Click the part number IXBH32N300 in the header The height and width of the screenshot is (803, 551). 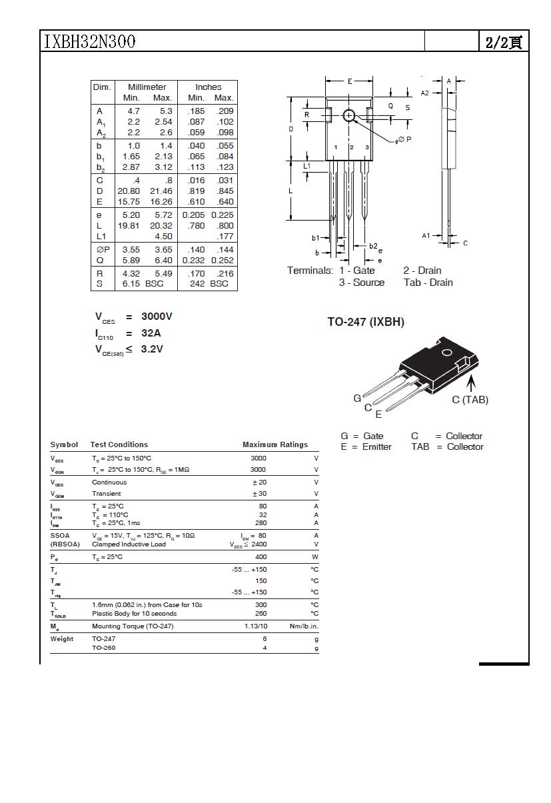pyautogui.click(x=89, y=41)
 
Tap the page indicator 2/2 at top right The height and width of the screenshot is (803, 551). pyautogui.click(x=503, y=42)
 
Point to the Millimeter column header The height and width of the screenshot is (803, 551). pyautogui.click(x=147, y=87)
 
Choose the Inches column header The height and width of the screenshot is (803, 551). pyautogui.click(x=208, y=87)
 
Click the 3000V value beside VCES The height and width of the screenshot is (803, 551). pyautogui.click(x=157, y=317)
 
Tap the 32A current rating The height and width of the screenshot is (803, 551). pyautogui.click(x=151, y=333)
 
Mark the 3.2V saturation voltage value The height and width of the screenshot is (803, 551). pyautogui.click(x=152, y=349)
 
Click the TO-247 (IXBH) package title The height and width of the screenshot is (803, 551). pyautogui.click(x=366, y=322)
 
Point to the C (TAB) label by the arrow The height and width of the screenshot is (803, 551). pyautogui.click(x=470, y=400)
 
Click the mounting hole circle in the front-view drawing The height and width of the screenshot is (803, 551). pyautogui.click(x=350, y=115)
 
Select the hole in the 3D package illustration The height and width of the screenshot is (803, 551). pyautogui.click(x=446, y=352)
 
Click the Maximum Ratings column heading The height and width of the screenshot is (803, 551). pyautogui.click(x=275, y=444)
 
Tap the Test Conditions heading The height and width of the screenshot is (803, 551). pyautogui.click(x=119, y=444)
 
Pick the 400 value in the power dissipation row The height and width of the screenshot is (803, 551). pyautogui.click(x=261, y=556)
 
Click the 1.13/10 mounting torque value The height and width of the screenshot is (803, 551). pyautogui.click(x=256, y=626)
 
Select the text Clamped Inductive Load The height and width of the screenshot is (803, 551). pyautogui.click(x=129, y=544)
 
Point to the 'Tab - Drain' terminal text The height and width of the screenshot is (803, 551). pyautogui.click(x=428, y=283)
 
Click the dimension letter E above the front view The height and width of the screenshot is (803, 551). pyautogui.click(x=350, y=81)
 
